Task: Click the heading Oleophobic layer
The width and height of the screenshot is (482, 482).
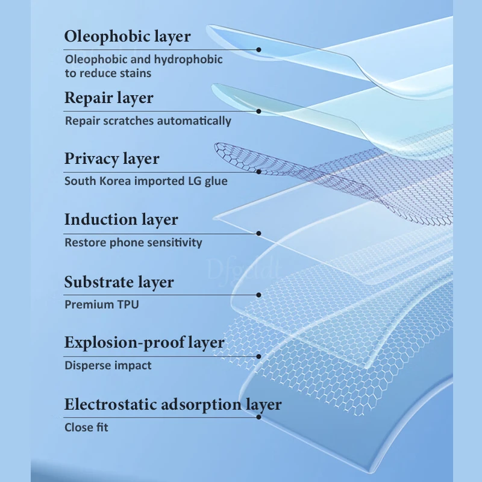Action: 127,36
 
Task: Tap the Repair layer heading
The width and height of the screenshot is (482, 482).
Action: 109,98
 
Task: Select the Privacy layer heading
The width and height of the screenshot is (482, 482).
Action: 112,159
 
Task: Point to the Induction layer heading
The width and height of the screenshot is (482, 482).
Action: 121,220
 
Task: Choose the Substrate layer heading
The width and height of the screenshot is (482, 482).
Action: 119,282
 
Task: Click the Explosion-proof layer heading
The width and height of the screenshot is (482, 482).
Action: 145,343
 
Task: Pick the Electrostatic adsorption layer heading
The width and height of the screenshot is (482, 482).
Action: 173,404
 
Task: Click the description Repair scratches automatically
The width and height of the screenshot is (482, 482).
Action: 148,120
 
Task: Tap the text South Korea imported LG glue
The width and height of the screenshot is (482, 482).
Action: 146,181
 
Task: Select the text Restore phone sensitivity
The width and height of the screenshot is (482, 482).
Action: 133,243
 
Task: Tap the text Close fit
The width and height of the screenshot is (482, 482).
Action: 87,427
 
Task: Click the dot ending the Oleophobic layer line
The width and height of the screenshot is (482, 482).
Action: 258,50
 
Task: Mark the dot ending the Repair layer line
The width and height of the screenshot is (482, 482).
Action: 258,111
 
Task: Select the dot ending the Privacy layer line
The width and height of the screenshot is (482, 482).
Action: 258,172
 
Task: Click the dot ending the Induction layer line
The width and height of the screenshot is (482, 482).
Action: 258,233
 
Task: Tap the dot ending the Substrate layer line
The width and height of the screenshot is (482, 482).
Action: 258,295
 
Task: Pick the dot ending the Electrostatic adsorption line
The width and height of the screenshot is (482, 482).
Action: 258,418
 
